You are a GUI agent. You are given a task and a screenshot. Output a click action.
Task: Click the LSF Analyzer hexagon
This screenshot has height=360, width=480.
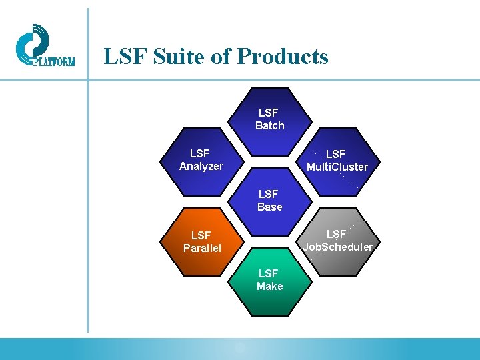coord(201,160)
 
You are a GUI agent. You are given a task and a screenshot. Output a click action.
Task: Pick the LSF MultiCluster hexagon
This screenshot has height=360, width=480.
coord(337,161)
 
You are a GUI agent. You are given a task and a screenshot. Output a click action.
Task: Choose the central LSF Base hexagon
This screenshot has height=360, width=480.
coord(269,200)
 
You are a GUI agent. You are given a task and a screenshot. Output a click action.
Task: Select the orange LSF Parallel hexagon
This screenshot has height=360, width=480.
coord(201,241)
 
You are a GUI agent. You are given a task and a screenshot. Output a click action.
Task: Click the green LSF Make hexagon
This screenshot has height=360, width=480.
coord(269,280)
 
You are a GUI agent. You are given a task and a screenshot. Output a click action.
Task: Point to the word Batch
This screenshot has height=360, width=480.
coord(269,126)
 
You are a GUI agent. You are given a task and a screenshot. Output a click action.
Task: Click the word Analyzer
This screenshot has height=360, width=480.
coord(201,167)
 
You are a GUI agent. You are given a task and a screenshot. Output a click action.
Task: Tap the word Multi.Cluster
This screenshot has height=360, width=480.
coord(337,167)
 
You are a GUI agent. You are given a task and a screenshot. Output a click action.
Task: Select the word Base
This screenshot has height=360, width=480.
coord(269,207)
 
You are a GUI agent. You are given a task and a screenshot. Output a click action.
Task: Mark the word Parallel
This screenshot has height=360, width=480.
coord(201,249)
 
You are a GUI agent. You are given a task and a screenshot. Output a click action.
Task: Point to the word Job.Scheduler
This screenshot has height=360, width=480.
coord(337,247)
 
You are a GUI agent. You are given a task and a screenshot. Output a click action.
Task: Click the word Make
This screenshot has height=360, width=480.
coord(269,287)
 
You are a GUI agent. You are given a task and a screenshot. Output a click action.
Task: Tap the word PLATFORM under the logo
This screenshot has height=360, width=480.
coord(53,62)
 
